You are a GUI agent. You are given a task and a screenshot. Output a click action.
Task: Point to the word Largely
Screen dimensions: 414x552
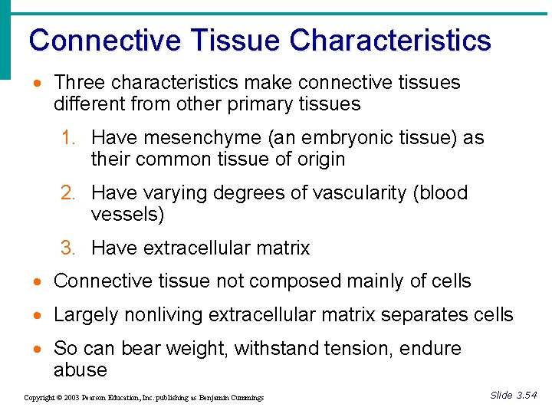click(82, 315)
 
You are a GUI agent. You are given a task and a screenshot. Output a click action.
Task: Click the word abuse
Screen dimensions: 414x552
click(80, 370)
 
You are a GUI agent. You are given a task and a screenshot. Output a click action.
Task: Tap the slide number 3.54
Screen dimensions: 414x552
click(525, 396)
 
